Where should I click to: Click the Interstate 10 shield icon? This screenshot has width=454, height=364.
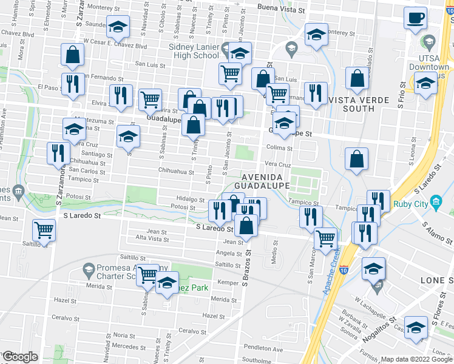[x=344, y=267]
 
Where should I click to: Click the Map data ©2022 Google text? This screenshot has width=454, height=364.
[x=416, y=359]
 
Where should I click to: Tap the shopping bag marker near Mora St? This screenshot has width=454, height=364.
[x=73, y=55]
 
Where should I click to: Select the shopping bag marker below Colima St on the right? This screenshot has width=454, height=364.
[x=357, y=159]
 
